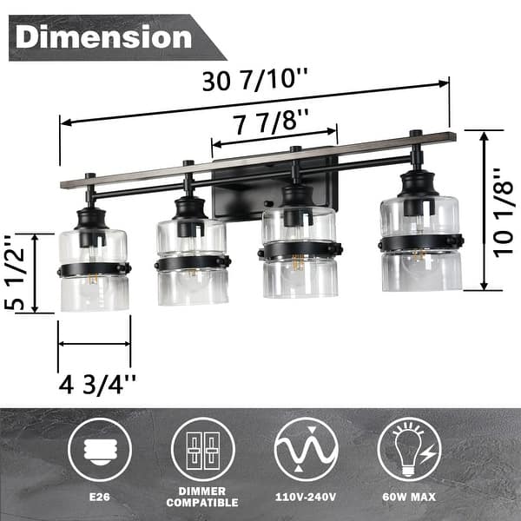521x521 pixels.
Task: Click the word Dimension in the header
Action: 103,37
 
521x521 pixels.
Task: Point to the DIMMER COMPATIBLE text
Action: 202,498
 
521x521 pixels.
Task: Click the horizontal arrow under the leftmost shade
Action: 94,344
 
